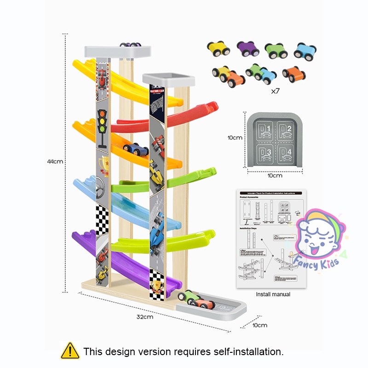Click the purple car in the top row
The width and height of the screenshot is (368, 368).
248,48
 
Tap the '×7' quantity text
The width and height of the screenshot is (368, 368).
275,91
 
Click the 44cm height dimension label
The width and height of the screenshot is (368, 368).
55,161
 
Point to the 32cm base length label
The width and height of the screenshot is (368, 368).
144,316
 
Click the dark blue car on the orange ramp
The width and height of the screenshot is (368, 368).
136,149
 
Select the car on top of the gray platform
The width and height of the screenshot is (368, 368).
131,45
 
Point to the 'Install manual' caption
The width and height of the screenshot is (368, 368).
273,294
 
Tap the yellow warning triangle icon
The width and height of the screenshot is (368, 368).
69,351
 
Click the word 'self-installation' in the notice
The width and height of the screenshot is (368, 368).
248,352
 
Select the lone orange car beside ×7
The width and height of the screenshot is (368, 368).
294,73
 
